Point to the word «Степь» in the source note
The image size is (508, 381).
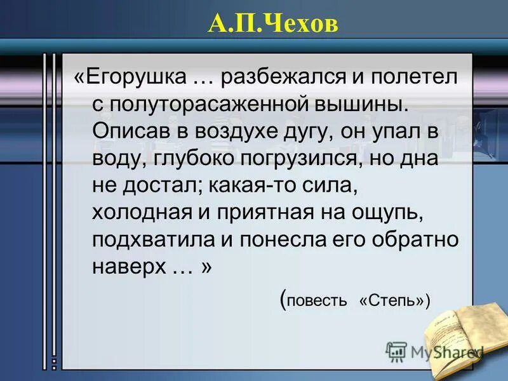[x=391, y=300]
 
